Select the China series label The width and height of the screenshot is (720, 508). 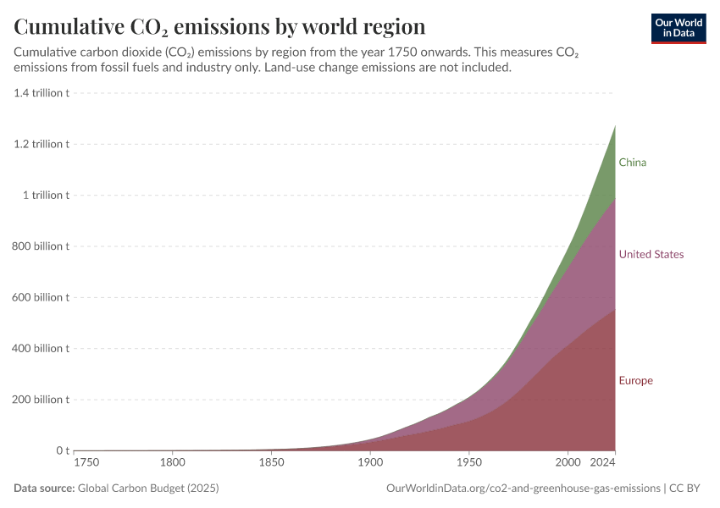tap(632, 162)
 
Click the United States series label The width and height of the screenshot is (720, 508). tap(651, 254)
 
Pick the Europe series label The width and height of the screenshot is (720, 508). tap(635, 380)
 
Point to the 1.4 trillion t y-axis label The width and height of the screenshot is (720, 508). tap(42, 92)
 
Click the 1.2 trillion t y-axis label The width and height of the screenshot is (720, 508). tap(42, 144)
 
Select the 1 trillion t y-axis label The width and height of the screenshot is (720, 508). tap(45, 195)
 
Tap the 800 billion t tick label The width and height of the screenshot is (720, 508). tap(42, 246)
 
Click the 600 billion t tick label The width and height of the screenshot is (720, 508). tap(42, 297)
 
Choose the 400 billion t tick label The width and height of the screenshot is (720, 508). tap(42, 348)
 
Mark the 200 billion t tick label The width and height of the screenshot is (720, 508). tap(42, 400)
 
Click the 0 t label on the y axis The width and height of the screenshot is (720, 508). tap(62, 450)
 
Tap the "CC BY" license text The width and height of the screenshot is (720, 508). tap(687, 488)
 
